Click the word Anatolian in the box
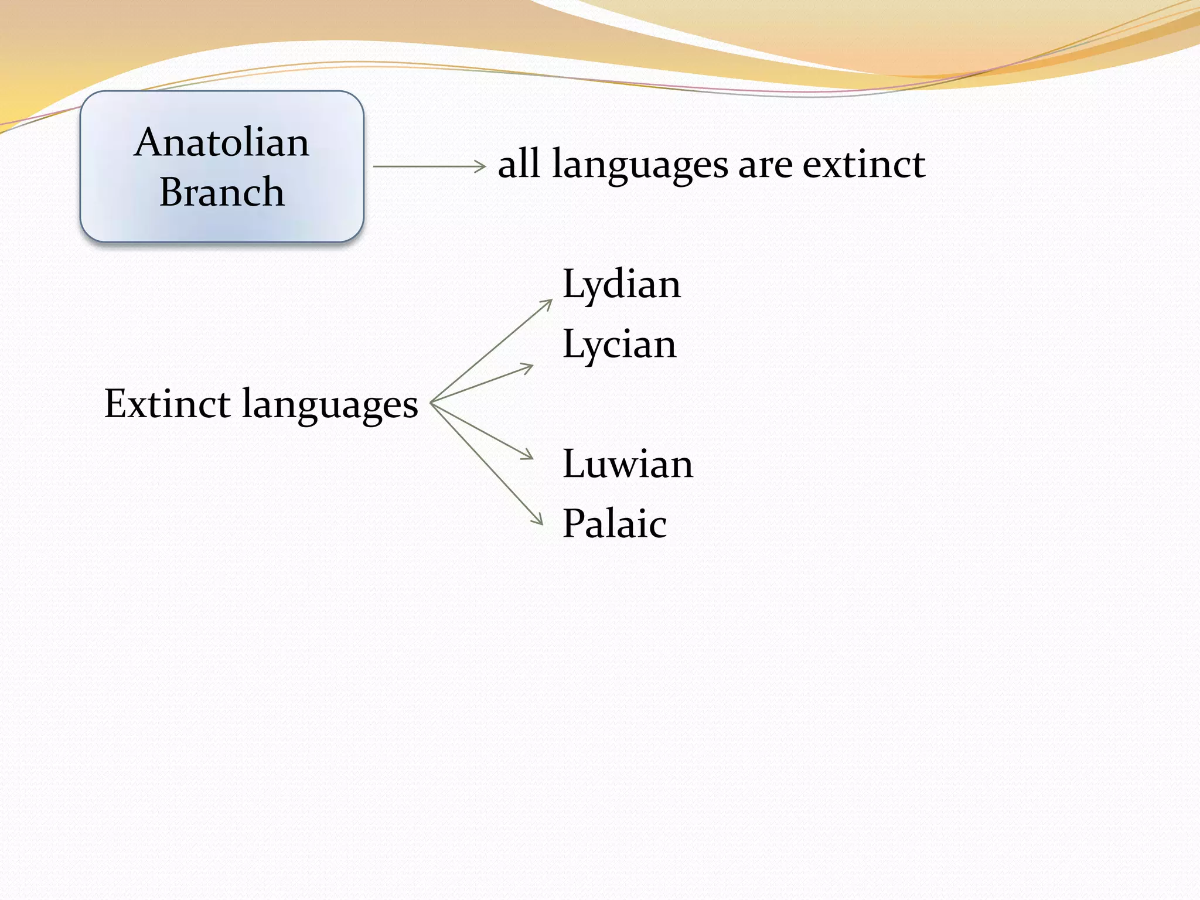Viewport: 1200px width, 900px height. point(221,142)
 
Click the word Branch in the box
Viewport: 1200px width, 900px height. point(221,192)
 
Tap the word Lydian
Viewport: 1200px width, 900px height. point(621,285)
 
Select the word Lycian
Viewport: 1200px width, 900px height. point(619,345)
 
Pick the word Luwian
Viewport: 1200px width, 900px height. point(627,464)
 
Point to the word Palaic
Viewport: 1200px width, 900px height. point(614,524)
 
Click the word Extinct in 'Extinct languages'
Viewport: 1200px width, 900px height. point(167,404)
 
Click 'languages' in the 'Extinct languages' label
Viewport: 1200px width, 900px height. point(330,405)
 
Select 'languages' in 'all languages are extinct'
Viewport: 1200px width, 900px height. point(640,166)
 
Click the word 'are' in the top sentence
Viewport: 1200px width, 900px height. point(765,165)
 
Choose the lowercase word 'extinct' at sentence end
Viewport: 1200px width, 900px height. point(864,164)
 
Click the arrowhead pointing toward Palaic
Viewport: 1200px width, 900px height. point(540,521)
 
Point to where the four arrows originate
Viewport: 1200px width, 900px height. point(432,403)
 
